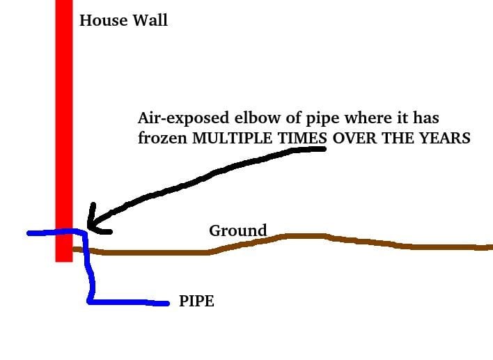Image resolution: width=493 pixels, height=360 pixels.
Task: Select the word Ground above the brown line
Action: pyautogui.click(x=237, y=230)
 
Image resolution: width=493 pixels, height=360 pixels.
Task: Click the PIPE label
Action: pyautogui.click(x=196, y=303)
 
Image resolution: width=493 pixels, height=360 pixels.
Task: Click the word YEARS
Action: pyautogui.click(x=446, y=138)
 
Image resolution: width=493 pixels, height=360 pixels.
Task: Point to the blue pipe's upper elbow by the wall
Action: pyautogui.click(x=84, y=233)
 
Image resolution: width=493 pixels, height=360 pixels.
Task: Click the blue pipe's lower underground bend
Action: pyautogui.click(x=90, y=301)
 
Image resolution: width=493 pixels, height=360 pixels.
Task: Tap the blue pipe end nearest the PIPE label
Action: pyautogui.click(x=167, y=303)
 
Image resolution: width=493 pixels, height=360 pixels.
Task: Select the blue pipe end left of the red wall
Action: pyautogui.click(x=29, y=233)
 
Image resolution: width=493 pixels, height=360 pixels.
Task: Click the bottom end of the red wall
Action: pyautogui.click(x=64, y=259)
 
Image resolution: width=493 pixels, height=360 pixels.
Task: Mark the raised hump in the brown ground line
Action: pyautogui.click(x=306, y=236)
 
